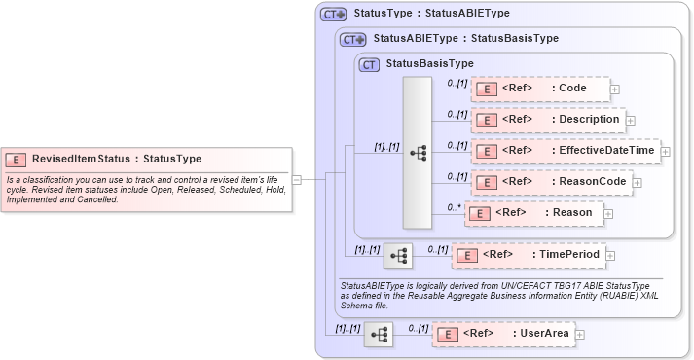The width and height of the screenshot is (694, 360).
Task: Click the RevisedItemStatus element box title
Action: coord(117,159)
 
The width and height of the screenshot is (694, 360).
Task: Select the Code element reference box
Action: coord(540,89)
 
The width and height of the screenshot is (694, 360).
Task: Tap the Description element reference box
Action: coord(547,120)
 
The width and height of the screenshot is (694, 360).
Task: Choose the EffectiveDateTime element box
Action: coord(565,151)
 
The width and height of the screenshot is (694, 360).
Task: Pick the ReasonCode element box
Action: coord(551,181)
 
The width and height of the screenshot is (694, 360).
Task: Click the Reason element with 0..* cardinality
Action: coord(540,212)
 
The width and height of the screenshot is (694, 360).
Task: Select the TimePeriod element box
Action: coord(529,255)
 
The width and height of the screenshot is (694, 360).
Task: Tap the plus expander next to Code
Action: coord(614,90)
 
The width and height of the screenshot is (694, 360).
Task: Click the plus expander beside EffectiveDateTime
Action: coord(666,151)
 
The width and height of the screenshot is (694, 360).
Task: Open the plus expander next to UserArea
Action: coord(580,334)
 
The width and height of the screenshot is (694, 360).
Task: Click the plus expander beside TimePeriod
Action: coord(609,256)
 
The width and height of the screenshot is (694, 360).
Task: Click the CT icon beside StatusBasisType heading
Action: coord(369,64)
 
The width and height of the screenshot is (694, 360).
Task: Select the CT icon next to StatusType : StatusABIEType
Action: coord(334,15)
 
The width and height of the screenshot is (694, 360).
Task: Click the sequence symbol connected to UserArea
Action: coord(379,335)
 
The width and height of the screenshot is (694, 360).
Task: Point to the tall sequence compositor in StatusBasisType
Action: coord(418,152)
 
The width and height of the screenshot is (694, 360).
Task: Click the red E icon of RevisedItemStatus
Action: coord(16,159)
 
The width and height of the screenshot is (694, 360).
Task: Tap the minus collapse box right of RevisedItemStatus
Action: coord(297,179)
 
